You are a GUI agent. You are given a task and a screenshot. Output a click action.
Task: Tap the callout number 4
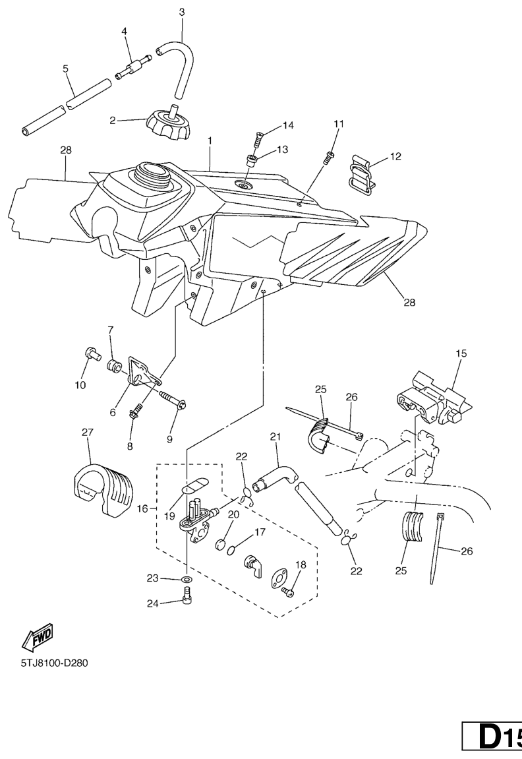tap(124, 31)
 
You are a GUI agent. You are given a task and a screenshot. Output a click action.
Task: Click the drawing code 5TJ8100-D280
tap(54, 663)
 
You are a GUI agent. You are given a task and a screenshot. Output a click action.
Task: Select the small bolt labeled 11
tap(330, 156)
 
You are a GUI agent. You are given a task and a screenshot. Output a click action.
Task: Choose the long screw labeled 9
tap(173, 400)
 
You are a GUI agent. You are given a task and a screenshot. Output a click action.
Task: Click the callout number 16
tap(143, 508)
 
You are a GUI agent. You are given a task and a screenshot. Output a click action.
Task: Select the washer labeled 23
tap(187, 580)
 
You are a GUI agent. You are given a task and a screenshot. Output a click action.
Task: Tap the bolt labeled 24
tap(187, 596)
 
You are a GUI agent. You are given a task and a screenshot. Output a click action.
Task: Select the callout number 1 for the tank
tap(210, 141)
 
